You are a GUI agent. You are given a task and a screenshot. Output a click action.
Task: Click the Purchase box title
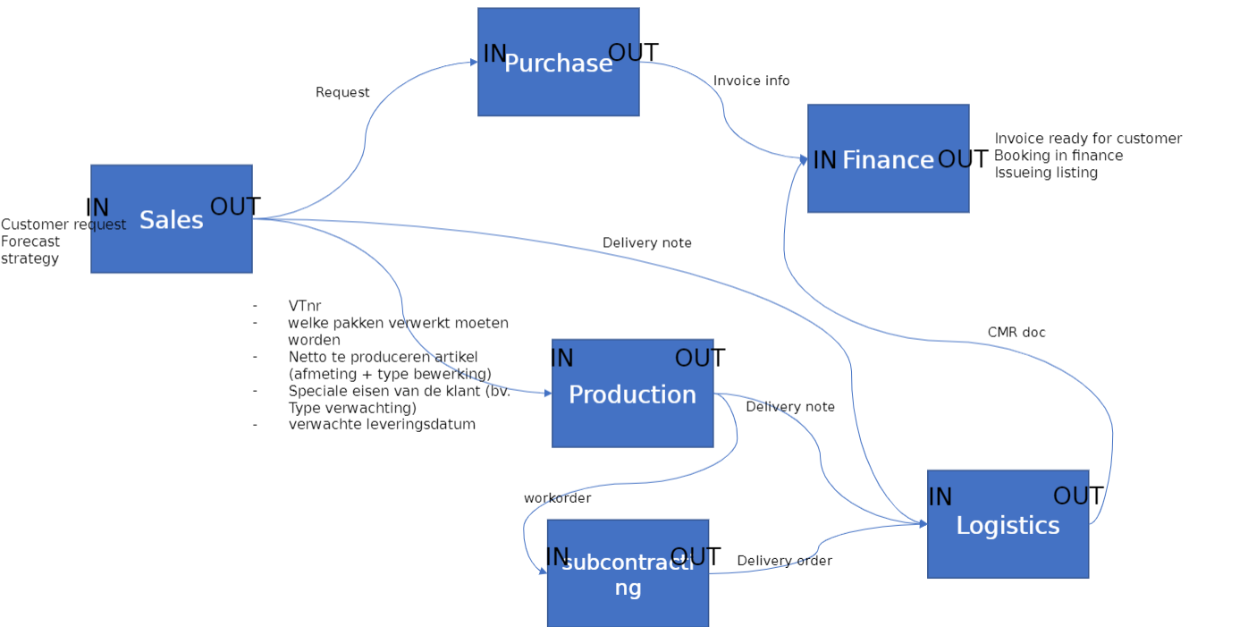pos(558,64)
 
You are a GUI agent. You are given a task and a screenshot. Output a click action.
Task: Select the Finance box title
pos(888,160)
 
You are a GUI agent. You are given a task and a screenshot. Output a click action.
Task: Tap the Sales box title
pos(171,220)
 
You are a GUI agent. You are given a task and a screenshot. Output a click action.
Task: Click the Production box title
pos(632,394)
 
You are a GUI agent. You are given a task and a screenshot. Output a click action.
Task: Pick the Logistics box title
pos(1008,525)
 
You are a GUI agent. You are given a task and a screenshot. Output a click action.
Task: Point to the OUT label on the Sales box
pos(235,207)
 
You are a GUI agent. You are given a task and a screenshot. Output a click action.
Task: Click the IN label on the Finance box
pos(824,160)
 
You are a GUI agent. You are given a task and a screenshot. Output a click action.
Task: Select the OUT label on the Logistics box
pos(1078,496)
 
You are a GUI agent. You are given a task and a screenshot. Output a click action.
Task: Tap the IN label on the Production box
pos(561,359)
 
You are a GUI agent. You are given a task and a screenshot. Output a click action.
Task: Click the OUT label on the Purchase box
pos(633,53)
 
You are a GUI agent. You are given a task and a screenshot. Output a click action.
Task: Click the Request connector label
pos(342,92)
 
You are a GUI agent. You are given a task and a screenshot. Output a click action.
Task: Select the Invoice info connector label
pos(751,80)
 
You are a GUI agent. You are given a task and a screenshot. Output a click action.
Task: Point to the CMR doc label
pos(1016,333)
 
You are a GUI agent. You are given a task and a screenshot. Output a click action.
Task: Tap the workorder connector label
pos(557,498)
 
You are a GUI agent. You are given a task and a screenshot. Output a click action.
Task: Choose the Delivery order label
pos(784,561)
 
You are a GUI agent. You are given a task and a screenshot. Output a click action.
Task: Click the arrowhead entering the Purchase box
pos(474,63)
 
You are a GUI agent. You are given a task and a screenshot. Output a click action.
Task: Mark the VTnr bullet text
pos(304,306)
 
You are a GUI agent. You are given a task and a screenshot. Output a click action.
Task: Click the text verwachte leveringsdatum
pos(382,424)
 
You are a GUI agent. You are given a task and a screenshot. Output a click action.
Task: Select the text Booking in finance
pos(1058,156)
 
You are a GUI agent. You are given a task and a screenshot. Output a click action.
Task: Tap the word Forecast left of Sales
pos(30,241)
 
